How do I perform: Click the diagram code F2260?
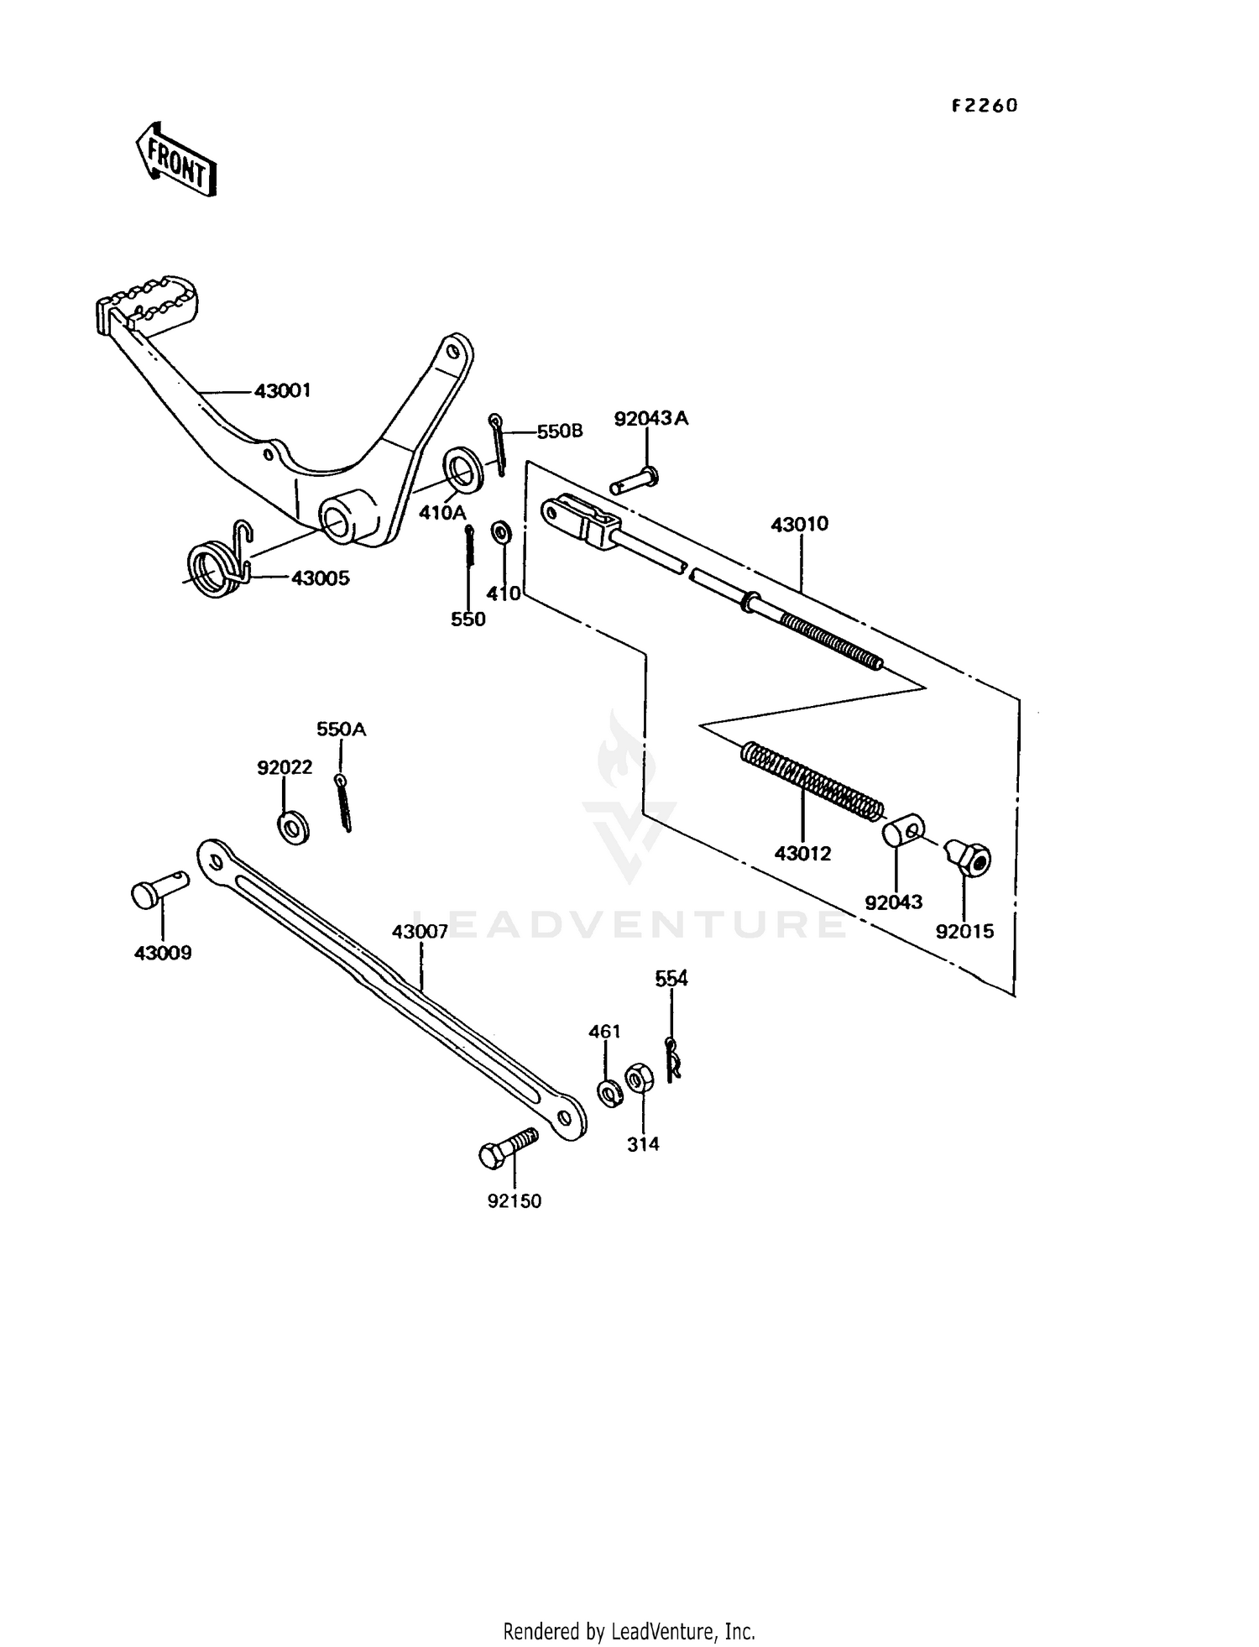[984, 106]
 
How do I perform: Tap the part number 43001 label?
[282, 390]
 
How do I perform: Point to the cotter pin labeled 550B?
[499, 442]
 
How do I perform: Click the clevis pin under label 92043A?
[635, 481]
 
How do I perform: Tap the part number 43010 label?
[799, 524]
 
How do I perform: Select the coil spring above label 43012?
[811, 782]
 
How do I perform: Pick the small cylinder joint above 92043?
[902, 831]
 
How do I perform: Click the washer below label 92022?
[293, 828]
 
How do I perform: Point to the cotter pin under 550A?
[343, 803]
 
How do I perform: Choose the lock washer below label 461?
[610, 1092]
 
